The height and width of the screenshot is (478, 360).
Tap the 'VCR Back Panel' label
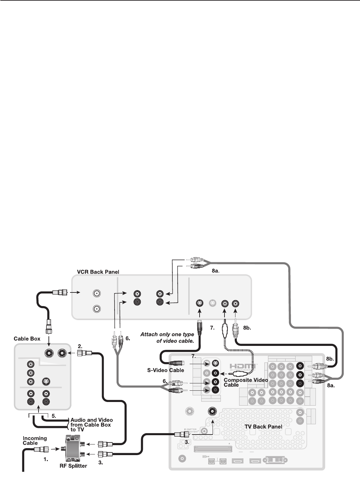[96, 272]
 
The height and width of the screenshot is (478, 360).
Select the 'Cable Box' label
[27, 339]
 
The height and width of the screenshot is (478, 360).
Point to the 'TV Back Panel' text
[263, 427]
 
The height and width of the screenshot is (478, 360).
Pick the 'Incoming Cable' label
[35, 440]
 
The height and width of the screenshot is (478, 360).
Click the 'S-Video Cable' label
[165, 370]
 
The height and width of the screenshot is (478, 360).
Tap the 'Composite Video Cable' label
[246, 382]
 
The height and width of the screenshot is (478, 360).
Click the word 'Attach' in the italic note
[148, 334]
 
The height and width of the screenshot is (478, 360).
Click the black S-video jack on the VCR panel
[199, 303]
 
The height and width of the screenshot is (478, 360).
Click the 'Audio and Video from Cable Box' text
[91, 425]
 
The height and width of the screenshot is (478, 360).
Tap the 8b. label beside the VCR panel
[247, 327]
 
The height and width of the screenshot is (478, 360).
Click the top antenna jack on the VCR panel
[96, 293]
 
